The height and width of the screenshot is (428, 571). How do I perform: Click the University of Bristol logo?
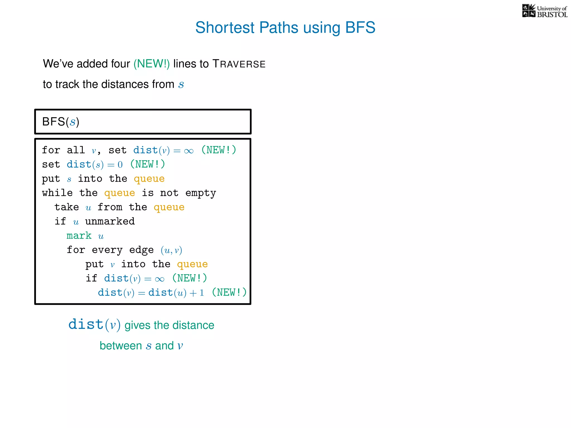(545, 11)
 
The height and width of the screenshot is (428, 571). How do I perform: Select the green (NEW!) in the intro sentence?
(151, 64)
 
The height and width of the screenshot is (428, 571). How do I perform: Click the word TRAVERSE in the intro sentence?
(239, 64)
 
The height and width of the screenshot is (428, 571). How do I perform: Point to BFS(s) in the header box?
(61, 122)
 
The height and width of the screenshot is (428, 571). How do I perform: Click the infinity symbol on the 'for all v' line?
(189, 151)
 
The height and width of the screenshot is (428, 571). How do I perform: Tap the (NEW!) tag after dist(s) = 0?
(147, 164)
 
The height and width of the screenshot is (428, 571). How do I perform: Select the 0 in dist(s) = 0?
(120, 165)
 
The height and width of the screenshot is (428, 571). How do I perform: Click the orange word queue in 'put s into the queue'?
(149, 179)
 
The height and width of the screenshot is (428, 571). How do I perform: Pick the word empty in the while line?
(200, 193)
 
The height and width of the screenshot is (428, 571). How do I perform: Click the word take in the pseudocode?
(67, 207)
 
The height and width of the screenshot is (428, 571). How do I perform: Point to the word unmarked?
(110, 222)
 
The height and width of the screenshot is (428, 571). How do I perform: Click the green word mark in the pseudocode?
(79, 236)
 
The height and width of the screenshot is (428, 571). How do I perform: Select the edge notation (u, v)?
(171, 250)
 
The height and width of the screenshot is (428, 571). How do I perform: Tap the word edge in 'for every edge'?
(141, 250)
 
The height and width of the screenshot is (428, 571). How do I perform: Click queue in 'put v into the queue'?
(192, 264)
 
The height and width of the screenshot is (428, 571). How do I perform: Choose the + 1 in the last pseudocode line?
(197, 293)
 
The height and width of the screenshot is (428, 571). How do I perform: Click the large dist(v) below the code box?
(94, 325)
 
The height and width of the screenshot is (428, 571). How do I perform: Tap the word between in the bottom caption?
(121, 346)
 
